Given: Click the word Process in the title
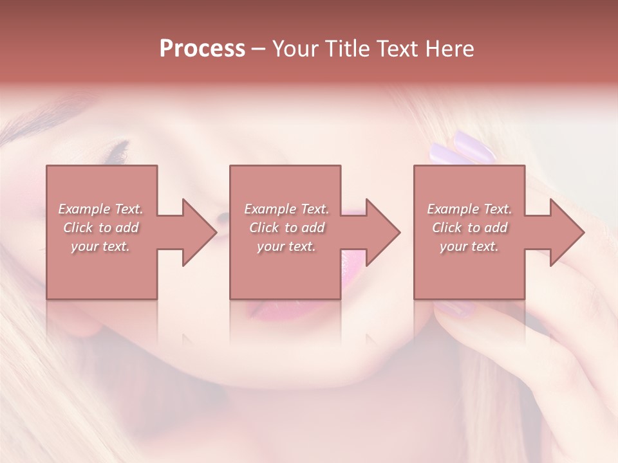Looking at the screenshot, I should (202, 49).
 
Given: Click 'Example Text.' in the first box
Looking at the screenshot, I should (100, 209).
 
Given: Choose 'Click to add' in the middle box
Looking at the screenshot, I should (286, 228).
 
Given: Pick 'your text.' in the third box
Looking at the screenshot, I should (469, 246).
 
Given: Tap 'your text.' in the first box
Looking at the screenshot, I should (100, 246).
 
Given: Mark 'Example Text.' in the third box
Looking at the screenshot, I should (469, 209).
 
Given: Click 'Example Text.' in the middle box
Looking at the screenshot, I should (286, 209).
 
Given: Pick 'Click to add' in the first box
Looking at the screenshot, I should (100, 228).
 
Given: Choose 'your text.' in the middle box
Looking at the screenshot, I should (286, 246).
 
